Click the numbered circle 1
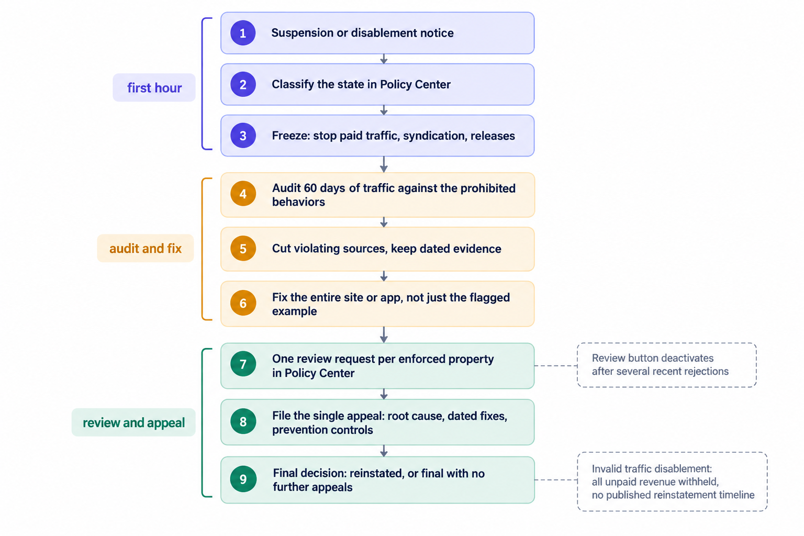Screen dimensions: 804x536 pos(243,32)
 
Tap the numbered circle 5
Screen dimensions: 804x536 pos(243,249)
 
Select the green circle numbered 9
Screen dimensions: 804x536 pos(243,479)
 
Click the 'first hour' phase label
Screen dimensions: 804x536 pos(154,87)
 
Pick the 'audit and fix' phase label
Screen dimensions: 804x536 pos(146,249)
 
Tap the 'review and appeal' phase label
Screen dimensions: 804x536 pos(133,422)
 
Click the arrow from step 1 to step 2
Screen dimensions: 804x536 pos(384,59)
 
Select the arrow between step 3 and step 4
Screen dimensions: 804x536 pos(384,164)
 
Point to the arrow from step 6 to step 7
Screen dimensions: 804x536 pos(384,334)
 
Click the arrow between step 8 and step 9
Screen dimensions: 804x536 pos(384,451)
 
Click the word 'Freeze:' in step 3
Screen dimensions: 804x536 pos(291,136)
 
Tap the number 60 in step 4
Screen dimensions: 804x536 pos(310,188)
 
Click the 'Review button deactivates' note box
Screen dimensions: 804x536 pos(666,365)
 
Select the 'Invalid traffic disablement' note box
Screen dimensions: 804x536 pos(672,482)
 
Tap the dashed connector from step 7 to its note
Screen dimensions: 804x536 pos(555,366)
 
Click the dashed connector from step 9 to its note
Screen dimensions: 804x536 pos(556,479)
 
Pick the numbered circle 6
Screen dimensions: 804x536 pos(243,303)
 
